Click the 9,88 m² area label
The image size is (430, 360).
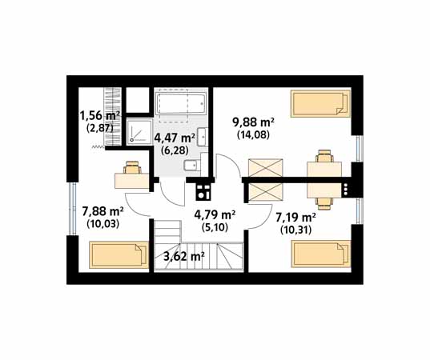(x=253, y=122)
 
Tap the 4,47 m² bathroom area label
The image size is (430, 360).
(x=175, y=138)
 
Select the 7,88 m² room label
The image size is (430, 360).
(x=102, y=211)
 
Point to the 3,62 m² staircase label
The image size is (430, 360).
(x=184, y=257)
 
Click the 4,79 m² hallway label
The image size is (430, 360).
(x=215, y=215)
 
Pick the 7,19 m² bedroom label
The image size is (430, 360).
(x=295, y=218)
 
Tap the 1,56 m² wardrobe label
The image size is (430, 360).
(x=100, y=116)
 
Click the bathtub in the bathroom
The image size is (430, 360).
(x=181, y=103)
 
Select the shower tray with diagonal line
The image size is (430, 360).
(x=139, y=132)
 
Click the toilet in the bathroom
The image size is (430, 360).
(x=191, y=166)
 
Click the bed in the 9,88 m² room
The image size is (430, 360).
(x=320, y=104)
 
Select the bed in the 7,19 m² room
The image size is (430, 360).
(x=320, y=254)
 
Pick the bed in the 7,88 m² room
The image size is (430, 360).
(x=119, y=254)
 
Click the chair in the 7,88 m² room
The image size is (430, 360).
(x=132, y=167)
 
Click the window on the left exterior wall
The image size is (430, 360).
(x=73, y=209)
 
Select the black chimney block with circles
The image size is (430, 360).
(x=203, y=192)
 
